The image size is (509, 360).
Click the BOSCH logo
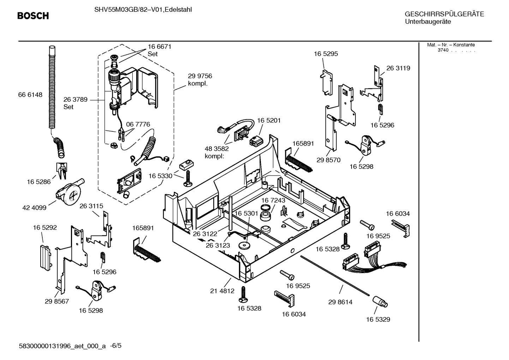(x=33, y=16)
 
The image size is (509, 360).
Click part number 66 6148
(x=30, y=95)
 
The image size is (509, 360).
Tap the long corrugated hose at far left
(x=52, y=88)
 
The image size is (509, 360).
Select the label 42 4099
(x=34, y=208)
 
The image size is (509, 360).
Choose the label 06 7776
(x=138, y=124)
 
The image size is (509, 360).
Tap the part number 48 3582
(x=217, y=149)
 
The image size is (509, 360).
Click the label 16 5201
(x=269, y=120)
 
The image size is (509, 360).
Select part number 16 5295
(x=326, y=54)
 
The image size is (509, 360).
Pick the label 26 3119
(x=398, y=68)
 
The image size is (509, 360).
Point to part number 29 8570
(x=328, y=160)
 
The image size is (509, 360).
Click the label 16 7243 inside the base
(x=273, y=200)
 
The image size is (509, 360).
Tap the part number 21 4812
(x=222, y=291)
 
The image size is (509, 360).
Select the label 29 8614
(x=340, y=302)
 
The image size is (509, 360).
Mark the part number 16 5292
(x=45, y=228)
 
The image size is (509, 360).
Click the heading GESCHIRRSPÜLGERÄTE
(x=444, y=14)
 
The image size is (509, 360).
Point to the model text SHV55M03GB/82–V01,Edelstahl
(x=143, y=10)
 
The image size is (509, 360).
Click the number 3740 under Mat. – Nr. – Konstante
(x=443, y=50)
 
